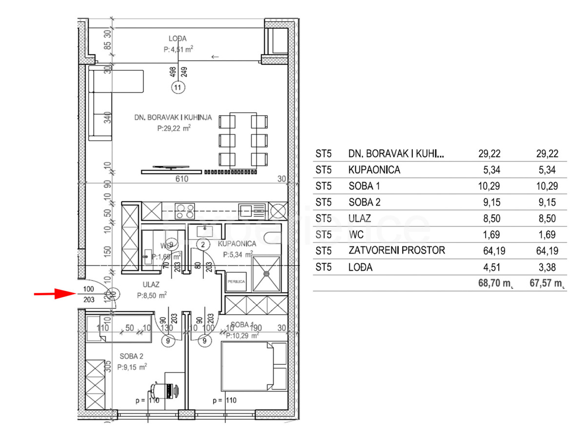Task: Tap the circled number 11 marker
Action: (x=178, y=88)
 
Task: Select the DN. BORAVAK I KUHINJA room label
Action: (x=173, y=118)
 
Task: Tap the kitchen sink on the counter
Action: (x=253, y=211)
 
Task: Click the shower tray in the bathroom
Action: (x=266, y=275)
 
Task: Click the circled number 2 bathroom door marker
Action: (x=203, y=244)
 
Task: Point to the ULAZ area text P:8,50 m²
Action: (x=152, y=295)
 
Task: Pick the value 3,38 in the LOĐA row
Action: (x=544, y=267)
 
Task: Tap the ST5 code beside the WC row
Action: (x=323, y=235)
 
